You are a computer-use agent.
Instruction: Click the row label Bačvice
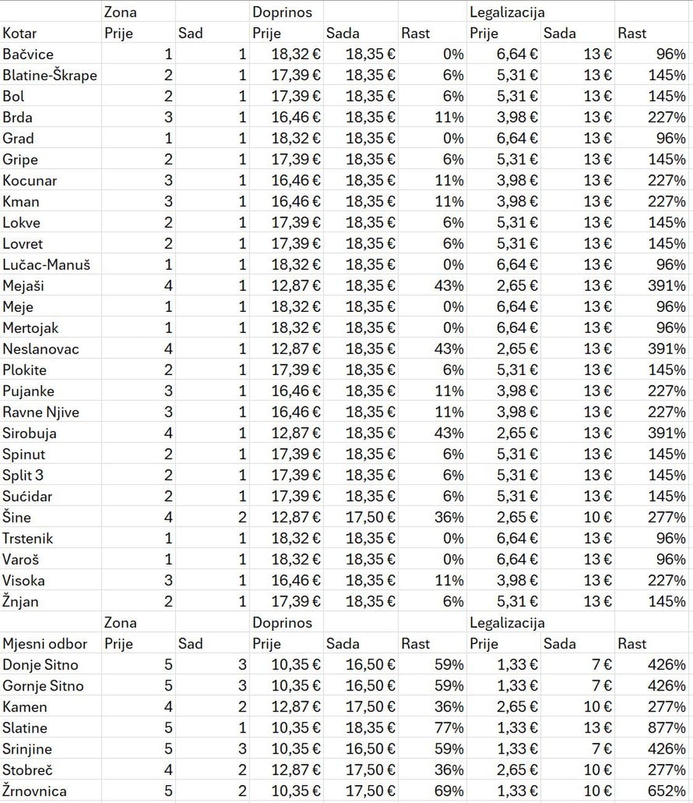[28, 54]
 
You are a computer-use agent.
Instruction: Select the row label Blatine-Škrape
[50, 75]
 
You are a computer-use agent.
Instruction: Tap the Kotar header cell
[20, 33]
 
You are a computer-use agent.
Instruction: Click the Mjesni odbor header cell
[45, 644]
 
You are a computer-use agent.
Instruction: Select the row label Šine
[17, 517]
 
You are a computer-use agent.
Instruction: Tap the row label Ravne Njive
[41, 412]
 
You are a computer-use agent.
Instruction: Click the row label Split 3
[23, 475]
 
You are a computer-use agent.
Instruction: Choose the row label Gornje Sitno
[43, 686]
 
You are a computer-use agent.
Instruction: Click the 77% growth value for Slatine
[449, 728]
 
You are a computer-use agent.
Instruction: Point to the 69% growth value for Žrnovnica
[449, 791]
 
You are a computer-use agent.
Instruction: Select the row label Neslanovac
[41, 349]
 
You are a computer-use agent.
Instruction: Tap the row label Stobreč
[28, 770]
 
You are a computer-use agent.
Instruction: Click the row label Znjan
[20, 601]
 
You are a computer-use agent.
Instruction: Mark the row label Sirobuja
[30, 433]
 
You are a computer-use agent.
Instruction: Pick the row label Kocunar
[30, 180]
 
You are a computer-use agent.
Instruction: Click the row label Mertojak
[31, 328]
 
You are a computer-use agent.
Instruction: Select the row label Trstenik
[28, 538]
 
